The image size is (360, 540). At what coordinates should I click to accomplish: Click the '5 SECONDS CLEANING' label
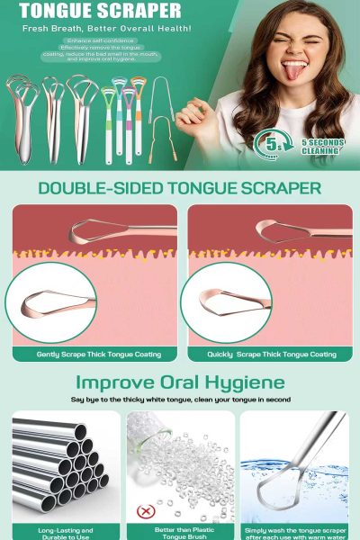(320, 146)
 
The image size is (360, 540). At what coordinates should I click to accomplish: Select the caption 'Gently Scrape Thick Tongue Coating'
(93, 354)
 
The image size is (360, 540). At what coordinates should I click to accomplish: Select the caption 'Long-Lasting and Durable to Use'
(60, 532)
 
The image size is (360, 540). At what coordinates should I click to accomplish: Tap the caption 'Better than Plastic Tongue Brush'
(180, 532)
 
